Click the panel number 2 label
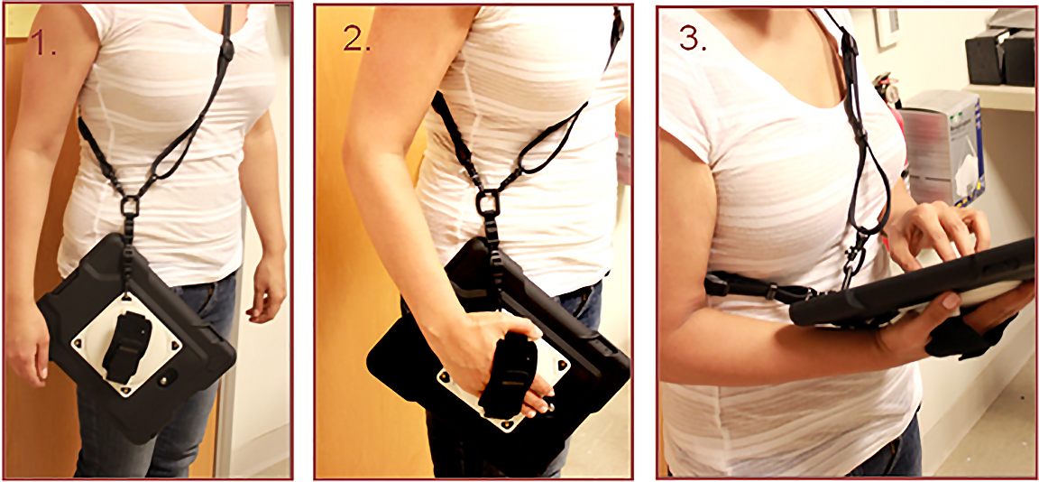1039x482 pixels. (x=356, y=40)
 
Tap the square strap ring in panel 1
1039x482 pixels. (x=130, y=206)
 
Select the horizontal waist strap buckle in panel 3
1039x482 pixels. (x=770, y=290)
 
